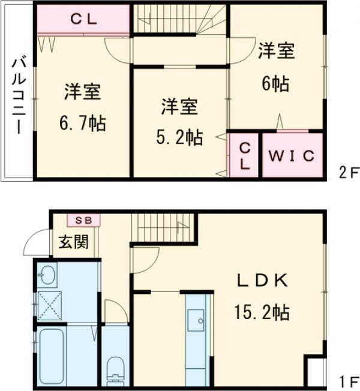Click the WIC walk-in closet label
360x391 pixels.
pos(291,155)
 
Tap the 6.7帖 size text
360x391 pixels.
pos(82,124)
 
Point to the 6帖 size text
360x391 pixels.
pos(276,84)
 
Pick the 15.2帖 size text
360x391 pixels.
pos(262,312)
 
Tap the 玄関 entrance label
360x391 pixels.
pos(73,242)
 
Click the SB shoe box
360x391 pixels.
pos(83,220)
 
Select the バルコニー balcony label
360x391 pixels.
pos(17,95)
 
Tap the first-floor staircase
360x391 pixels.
pos(161,227)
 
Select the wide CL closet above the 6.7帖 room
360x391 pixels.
pos(83,19)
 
